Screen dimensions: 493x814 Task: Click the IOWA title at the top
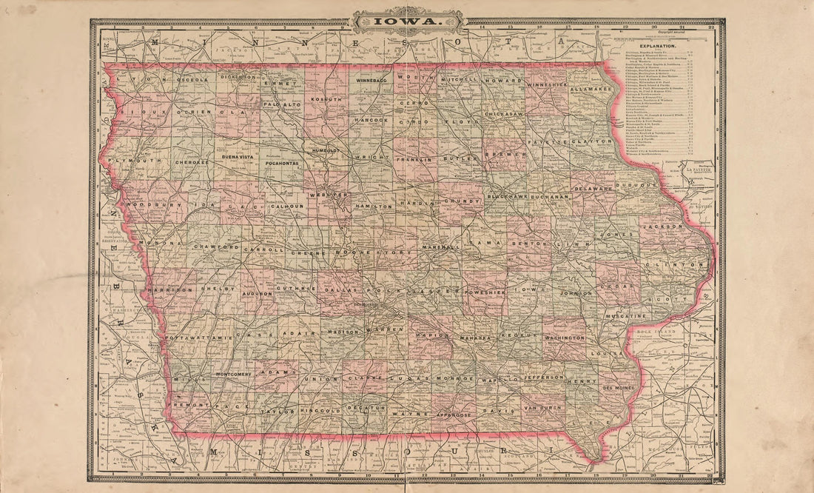[x=407, y=21]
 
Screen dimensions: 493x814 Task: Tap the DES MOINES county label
[x=619, y=387]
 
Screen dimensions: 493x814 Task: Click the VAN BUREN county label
[x=543, y=408]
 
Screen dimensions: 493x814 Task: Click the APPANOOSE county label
[x=452, y=415]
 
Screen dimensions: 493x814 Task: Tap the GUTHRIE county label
[x=297, y=287]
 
